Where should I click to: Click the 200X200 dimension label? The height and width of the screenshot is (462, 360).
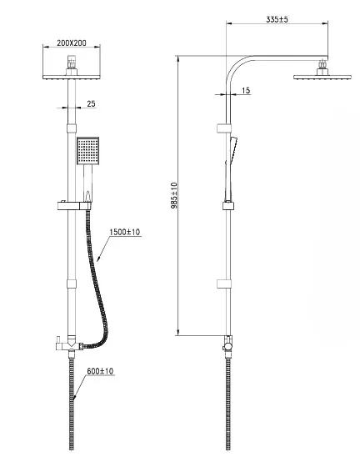[72, 43]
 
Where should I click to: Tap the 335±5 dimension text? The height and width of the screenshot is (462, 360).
[277, 19]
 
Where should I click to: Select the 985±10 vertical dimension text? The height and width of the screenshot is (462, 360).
[174, 195]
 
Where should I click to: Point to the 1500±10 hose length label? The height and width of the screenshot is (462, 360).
[125, 232]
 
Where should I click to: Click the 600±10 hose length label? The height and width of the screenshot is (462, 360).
[100, 371]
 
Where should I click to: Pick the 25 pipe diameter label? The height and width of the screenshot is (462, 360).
[92, 103]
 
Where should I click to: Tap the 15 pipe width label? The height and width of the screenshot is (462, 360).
[246, 90]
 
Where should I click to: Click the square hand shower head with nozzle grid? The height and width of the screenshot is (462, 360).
[88, 151]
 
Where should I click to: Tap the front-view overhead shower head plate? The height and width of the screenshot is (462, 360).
[72, 78]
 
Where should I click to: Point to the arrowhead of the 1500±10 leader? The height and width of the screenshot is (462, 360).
[98, 259]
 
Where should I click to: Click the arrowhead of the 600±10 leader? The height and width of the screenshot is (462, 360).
[74, 397]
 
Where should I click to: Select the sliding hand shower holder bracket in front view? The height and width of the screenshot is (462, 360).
[73, 206]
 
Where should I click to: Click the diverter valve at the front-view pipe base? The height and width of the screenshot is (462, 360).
[71, 344]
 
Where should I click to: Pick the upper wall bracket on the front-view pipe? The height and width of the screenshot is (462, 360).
[72, 128]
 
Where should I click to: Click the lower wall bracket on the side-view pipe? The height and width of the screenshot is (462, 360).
[224, 284]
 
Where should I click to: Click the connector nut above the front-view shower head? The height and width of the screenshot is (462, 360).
[72, 62]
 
